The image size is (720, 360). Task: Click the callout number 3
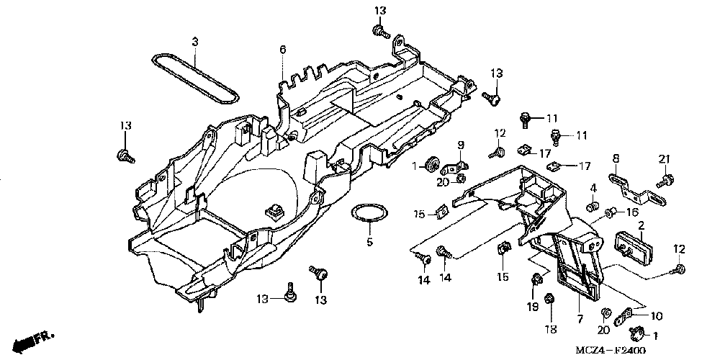click(x=195, y=42)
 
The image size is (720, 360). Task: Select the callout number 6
click(x=283, y=49)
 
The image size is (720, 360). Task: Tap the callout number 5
click(x=369, y=242)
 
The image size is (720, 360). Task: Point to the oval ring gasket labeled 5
click(x=369, y=214)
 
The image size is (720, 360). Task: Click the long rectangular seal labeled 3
click(x=195, y=78)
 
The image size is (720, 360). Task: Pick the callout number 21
click(x=665, y=159)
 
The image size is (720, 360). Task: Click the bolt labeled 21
click(x=665, y=181)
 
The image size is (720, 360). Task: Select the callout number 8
click(x=616, y=159)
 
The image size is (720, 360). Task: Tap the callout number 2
click(x=641, y=225)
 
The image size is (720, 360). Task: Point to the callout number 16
click(x=632, y=212)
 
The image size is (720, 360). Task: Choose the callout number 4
click(x=593, y=188)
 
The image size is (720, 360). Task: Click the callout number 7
click(x=580, y=318)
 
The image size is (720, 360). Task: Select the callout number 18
click(x=551, y=329)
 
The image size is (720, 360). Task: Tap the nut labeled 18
click(x=548, y=299)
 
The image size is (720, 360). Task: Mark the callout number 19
click(x=533, y=307)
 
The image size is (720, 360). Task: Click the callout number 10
click(x=657, y=315)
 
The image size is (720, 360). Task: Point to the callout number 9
click(x=461, y=145)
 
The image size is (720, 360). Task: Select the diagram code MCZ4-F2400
click(x=611, y=351)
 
